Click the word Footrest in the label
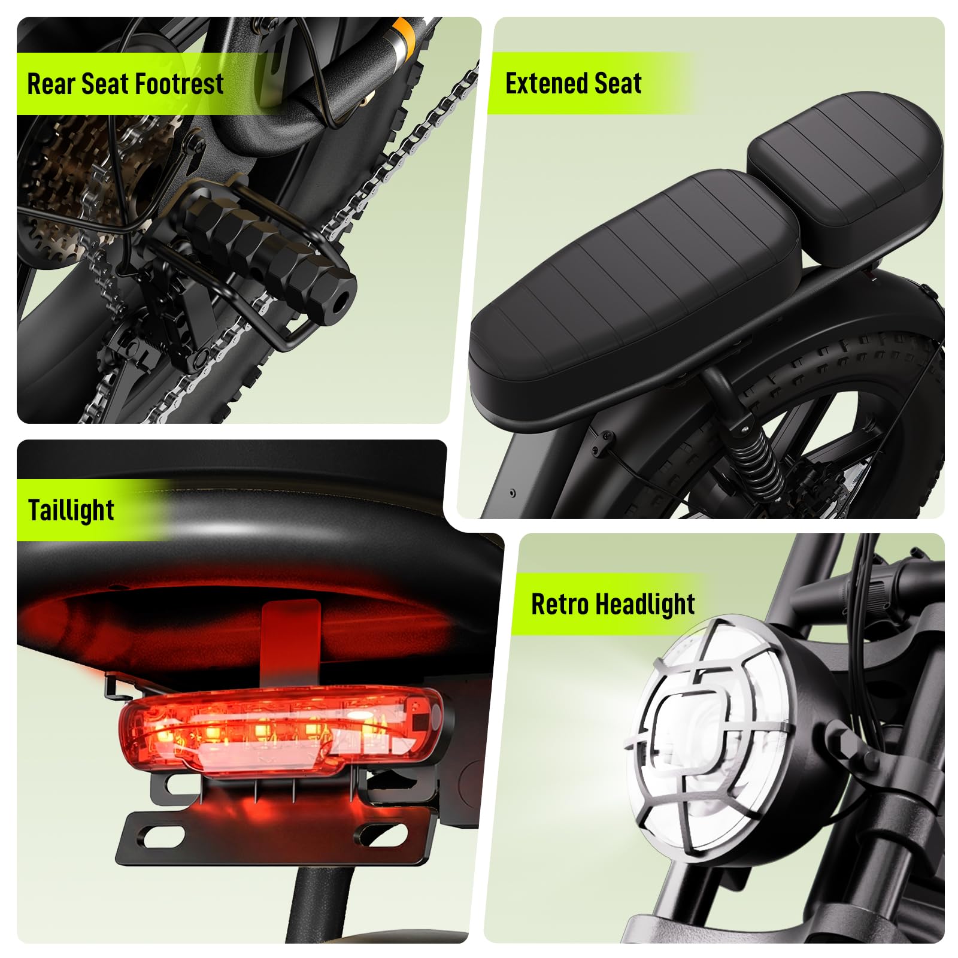pos(183,83)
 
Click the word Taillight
pos(71,511)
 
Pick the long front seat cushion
pos(635,287)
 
